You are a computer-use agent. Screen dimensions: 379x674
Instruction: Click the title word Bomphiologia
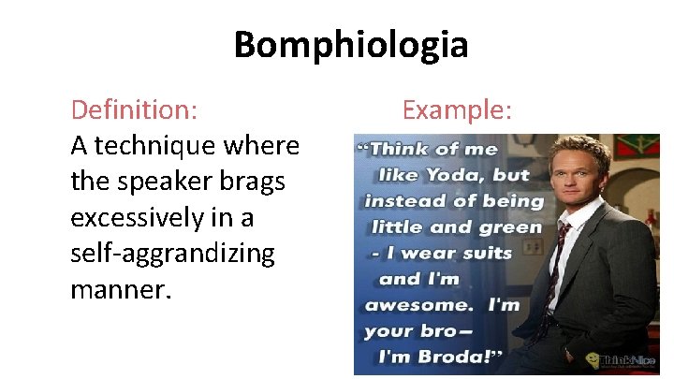coord(350,45)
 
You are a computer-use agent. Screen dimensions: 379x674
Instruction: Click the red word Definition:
coord(134,110)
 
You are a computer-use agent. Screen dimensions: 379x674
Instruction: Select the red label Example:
coord(457,110)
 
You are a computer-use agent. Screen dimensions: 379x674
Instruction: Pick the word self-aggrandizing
coord(172,254)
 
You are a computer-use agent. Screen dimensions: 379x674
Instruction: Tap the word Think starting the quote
coord(404,148)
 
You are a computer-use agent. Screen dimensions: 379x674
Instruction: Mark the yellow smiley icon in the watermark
coord(592,359)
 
